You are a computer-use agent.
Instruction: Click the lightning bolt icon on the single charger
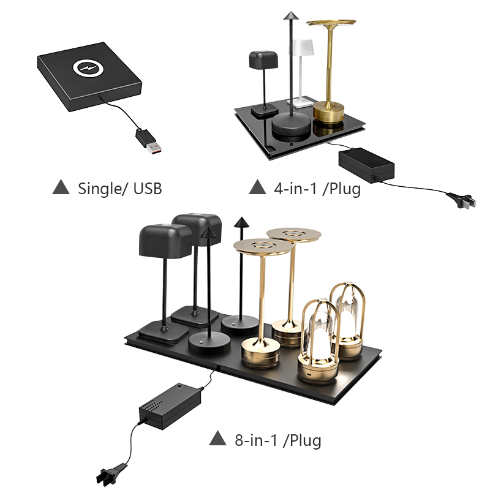point(88,69)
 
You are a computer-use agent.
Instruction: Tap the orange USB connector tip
point(154,148)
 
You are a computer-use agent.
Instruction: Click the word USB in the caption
point(148,189)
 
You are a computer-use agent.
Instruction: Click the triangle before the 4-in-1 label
point(257,187)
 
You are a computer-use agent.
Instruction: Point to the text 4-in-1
point(295,189)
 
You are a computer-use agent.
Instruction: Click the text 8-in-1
point(256,440)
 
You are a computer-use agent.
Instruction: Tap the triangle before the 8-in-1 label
point(218,438)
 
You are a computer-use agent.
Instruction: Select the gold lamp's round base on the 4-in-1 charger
point(328,112)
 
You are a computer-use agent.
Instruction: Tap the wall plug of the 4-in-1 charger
point(462,200)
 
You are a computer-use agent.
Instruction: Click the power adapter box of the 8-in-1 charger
point(170,406)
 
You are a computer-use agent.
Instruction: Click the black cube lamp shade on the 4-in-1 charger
point(263,59)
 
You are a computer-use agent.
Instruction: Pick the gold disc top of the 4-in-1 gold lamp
point(331,23)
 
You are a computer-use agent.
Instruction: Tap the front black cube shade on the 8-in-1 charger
point(165,241)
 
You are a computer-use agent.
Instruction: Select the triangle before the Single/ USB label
point(61,187)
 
